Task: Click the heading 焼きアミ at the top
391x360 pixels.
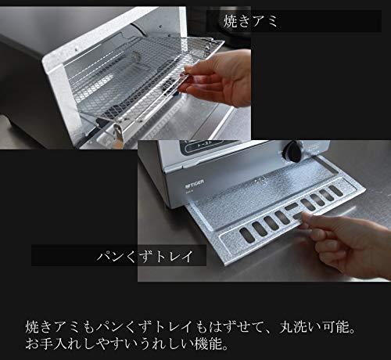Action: coord(250,21)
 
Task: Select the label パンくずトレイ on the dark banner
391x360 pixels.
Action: coord(145,256)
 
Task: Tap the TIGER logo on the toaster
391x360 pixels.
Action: coord(195,184)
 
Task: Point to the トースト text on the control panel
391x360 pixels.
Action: coord(205,145)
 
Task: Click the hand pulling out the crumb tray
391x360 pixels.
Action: coord(346,244)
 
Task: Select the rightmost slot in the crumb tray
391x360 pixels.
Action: coord(335,191)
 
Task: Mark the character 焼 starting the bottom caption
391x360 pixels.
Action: coord(32,327)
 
